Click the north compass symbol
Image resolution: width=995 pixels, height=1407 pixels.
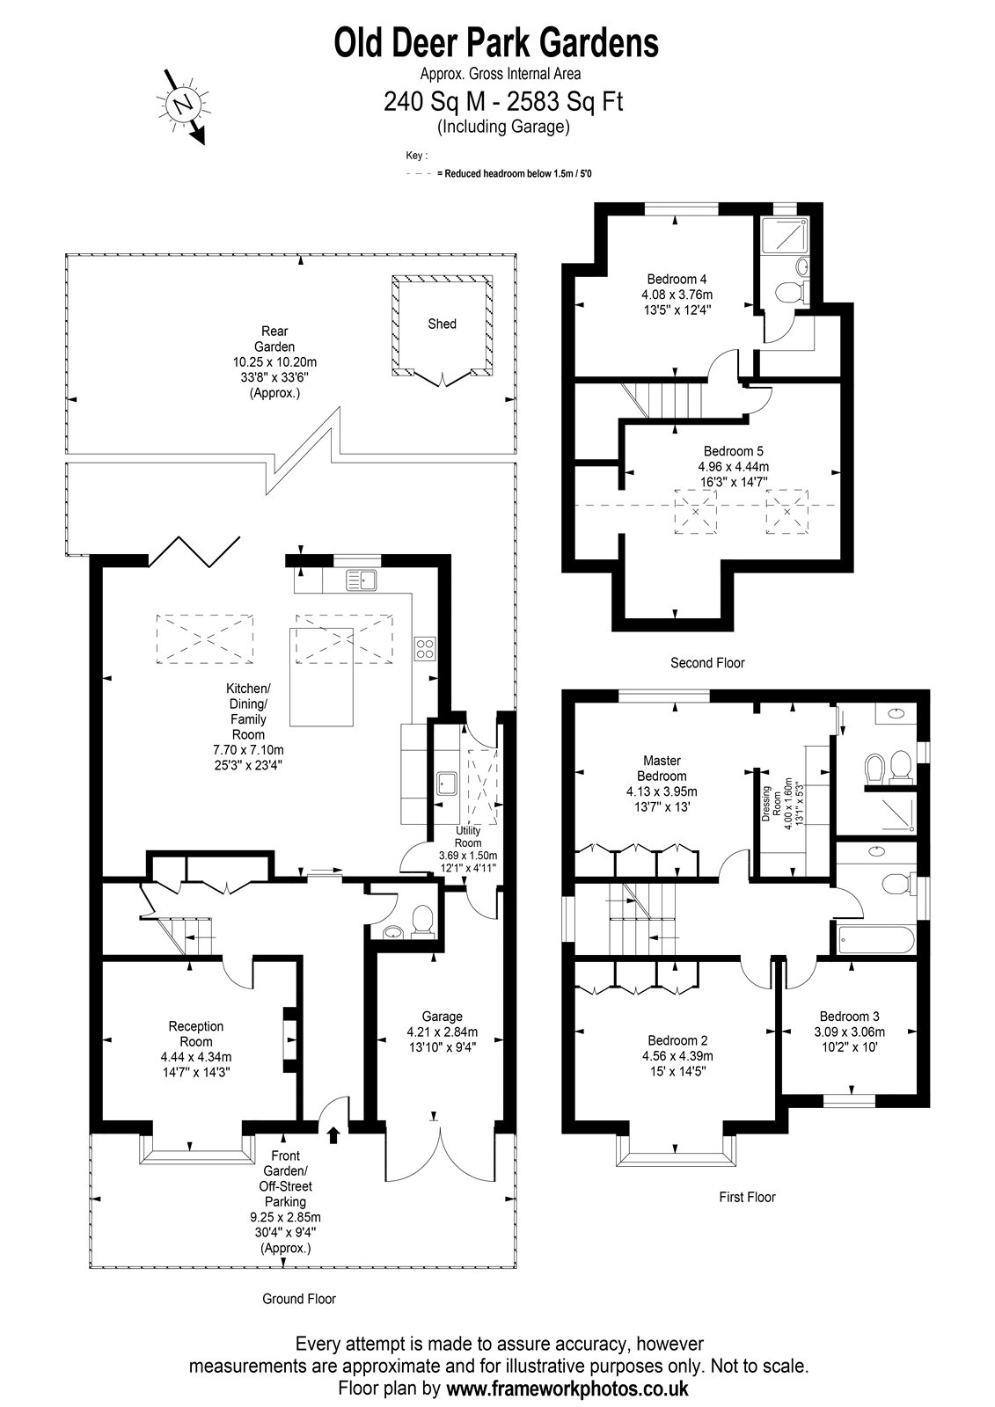point(184,105)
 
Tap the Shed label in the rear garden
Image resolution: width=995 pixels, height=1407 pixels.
point(442,324)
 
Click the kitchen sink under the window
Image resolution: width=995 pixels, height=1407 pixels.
point(362,580)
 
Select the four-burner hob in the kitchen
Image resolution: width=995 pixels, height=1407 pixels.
point(425,648)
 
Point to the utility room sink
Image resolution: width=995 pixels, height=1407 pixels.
point(448,784)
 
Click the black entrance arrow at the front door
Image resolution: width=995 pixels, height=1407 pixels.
point(333,1134)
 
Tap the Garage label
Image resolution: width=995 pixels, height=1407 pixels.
point(443,1017)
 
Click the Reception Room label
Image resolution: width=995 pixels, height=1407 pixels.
point(196,1034)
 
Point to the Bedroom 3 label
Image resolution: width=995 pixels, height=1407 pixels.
point(849,1017)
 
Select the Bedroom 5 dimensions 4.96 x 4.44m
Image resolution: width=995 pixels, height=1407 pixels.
point(734,467)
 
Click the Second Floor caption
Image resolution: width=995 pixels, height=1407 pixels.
point(707,663)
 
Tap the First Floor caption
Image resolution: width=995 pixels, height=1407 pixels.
point(748,1197)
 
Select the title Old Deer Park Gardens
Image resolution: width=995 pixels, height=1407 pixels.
point(496,43)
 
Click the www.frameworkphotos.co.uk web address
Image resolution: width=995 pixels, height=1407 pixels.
point(567,1388)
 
